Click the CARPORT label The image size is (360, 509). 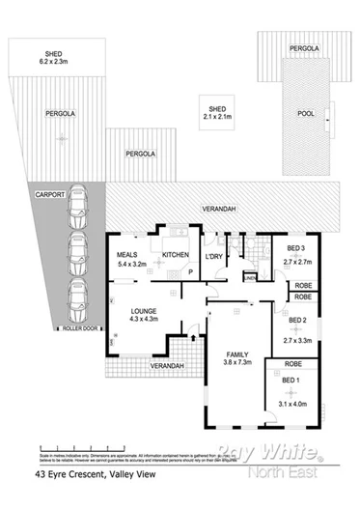click(50, 194)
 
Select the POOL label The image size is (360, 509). click(306, 112)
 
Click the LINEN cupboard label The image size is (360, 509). click(250, 278)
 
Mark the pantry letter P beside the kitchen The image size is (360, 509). click(189, 273)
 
